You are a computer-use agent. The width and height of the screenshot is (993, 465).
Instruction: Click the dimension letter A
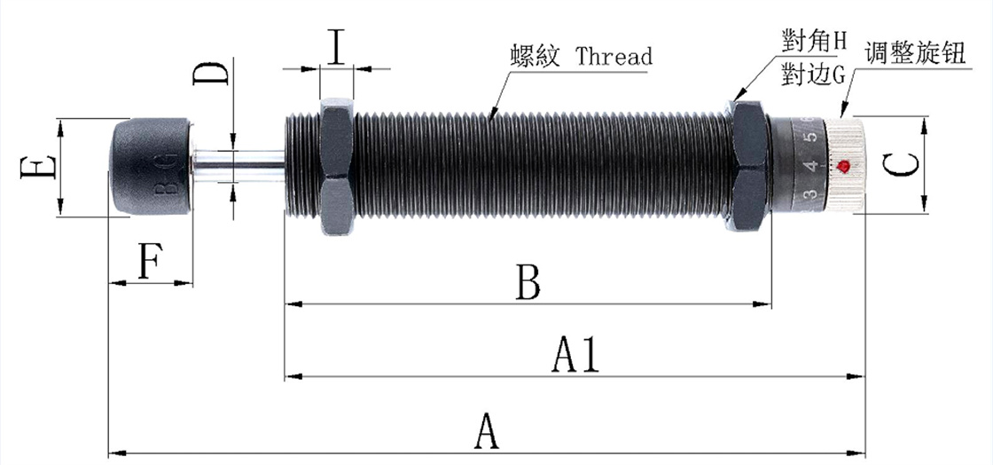[x=485, y=433]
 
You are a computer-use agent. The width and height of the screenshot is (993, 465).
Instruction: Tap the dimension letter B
[x=528, y=284]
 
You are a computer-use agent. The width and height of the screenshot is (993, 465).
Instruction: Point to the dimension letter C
[x=901, y=165]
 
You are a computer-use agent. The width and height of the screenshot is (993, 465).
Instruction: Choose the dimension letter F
[x=149, y=262]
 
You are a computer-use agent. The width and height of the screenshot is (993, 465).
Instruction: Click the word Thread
[x=614, y=57]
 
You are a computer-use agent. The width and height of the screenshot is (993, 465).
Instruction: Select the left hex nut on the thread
[x=337, y=167]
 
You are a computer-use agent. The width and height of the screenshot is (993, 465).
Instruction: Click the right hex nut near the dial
[x=750, y=167]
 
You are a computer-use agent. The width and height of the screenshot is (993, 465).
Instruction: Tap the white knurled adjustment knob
[x=847, y=165]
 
